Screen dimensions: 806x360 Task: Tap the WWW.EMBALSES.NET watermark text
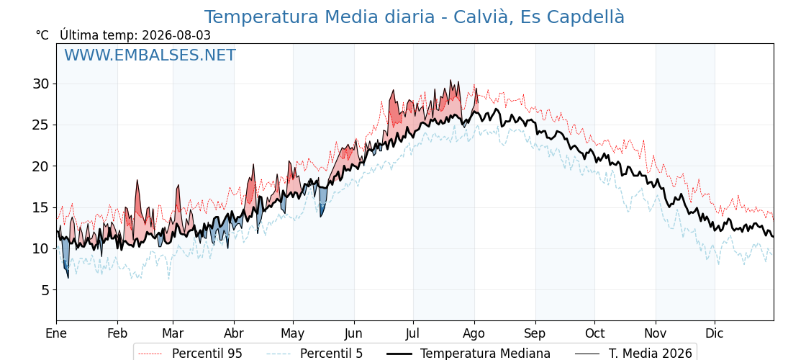point(150,55)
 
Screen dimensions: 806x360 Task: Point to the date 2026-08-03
point(176,35)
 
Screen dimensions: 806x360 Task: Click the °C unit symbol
point(42,35)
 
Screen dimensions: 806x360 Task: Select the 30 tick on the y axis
point(43,84)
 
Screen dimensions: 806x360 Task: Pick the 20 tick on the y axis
point(43,166)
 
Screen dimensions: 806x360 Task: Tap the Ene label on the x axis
point(56,334)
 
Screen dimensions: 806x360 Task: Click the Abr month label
point(234,334)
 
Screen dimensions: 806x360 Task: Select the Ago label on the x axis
point(474,334)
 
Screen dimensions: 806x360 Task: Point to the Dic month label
point(715,334)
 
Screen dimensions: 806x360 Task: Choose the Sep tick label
point(535,334)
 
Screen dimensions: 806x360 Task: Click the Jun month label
point(353,334)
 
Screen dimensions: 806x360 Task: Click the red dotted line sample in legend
point(150,354)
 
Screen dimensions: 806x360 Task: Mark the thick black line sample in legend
point(399,354)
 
